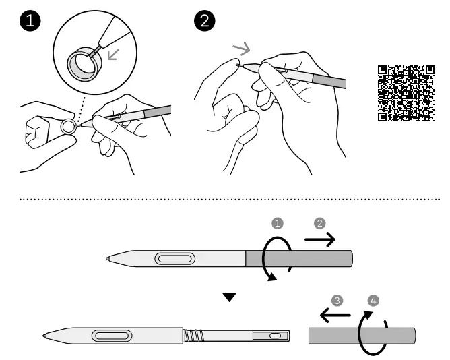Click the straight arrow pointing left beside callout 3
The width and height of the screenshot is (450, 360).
[334, 314]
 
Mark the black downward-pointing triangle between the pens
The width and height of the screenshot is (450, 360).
[230, 297]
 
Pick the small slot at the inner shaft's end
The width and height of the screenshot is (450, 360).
[274, 335]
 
